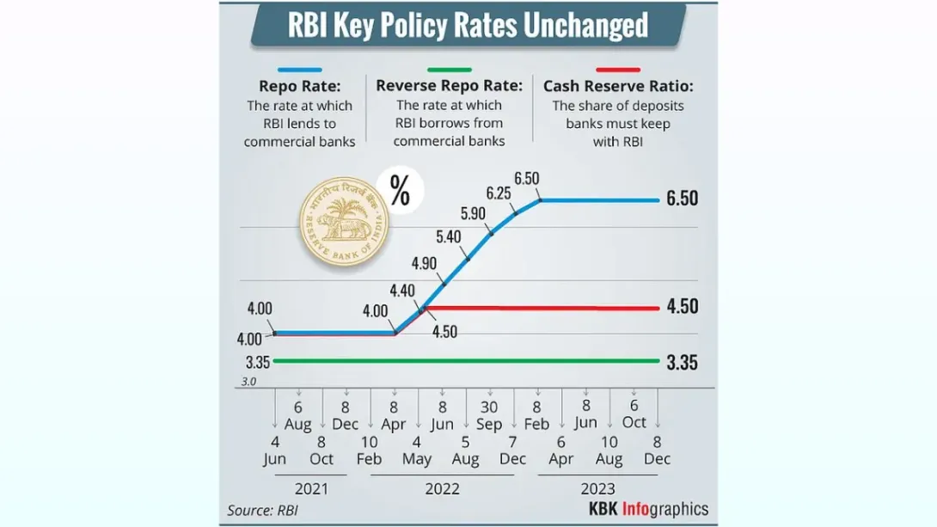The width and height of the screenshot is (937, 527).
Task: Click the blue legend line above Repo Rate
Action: point(299,70)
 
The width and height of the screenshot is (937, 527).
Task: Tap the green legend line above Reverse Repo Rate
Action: point(450,70)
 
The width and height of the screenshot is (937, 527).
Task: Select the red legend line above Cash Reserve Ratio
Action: point(618,70)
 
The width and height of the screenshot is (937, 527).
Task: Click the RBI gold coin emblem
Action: point(344,222)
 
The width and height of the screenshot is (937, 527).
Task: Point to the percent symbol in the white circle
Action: point(400,191)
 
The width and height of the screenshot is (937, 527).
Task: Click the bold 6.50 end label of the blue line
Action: point(682,199)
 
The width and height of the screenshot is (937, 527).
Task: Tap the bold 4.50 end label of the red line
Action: point(683,307)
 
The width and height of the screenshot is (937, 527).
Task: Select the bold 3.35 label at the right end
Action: point(682,363)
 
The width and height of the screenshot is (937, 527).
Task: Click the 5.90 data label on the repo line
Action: point(473,213)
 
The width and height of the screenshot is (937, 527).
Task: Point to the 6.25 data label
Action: point(499,193)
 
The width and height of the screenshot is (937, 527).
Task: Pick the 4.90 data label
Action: point(424,263)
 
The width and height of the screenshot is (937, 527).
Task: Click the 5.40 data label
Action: point(448,237)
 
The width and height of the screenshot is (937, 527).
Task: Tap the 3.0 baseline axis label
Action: point(248,381)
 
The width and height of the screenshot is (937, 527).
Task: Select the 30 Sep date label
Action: point(489,415)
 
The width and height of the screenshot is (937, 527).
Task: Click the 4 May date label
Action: point(417,450)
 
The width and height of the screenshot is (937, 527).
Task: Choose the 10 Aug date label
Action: point(609,450)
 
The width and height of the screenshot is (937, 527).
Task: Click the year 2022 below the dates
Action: point(442,489)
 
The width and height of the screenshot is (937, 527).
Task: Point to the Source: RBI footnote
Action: point(262,511)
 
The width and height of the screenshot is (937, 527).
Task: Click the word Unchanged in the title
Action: point(585,25)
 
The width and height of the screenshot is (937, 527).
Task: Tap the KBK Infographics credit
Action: point(648,509)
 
